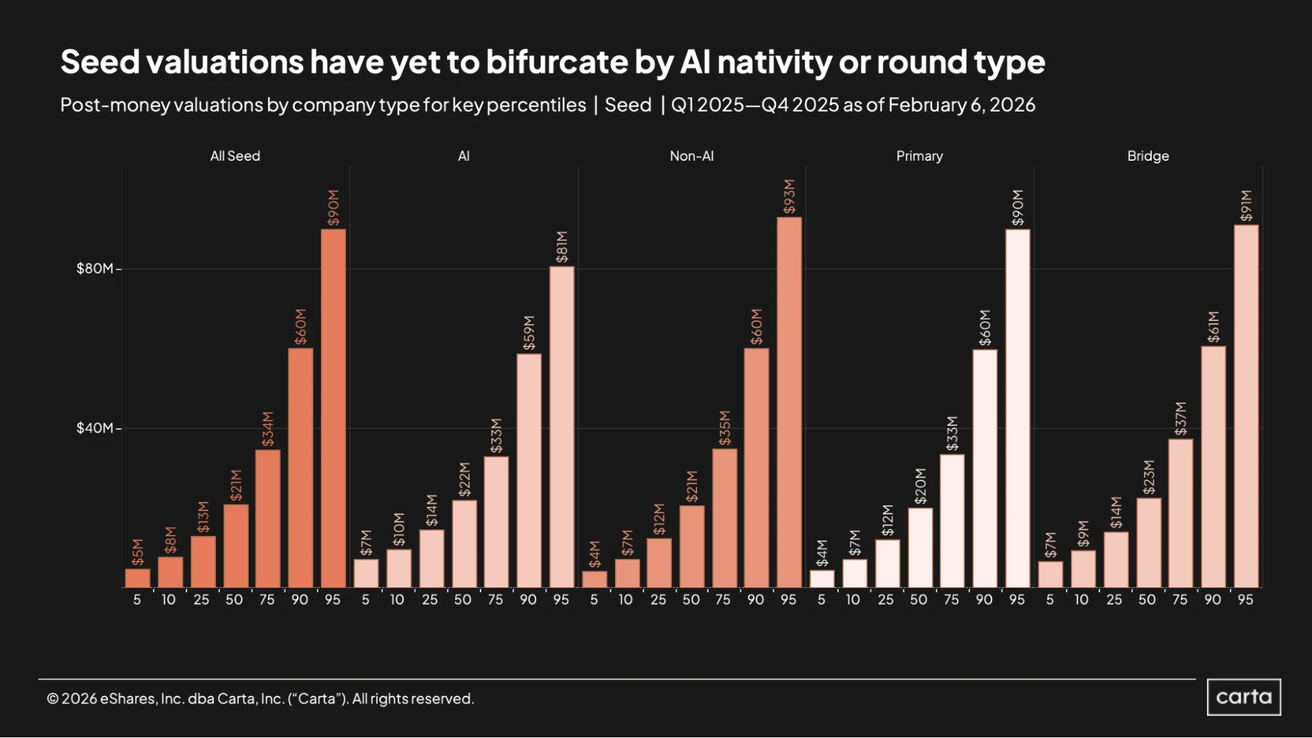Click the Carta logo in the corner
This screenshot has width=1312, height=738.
[x=1244, y=697]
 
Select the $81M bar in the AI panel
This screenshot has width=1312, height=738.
[x=562, y=427]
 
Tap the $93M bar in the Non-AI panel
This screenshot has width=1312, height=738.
[x=789, y=402]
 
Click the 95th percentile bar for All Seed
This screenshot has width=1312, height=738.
[x=333, y=408]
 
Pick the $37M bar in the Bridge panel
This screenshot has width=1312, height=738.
[x=1180, y=513]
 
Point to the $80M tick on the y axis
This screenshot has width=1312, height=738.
[x=118, y=269]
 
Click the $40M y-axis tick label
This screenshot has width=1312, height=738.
[x=95, y=428]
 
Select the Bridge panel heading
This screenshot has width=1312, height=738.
[x=1148, y=156]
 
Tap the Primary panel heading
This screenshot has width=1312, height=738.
[x=920, y=156]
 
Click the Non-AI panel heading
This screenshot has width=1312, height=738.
[x=692, y=156]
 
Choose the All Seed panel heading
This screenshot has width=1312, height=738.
[x=235, y=156]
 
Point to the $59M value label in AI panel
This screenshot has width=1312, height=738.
[x=529, y=333]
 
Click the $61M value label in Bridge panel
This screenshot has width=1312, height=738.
[x=1213, y=327]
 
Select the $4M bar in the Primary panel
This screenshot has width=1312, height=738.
[x=822, y=579]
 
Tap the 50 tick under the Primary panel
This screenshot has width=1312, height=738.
[x=918, y=600]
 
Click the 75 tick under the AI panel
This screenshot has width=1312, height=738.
[x=495, y=600]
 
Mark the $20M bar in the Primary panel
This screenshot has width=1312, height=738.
[x=920, y=548]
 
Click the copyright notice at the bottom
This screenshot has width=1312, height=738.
[x=260, y=699]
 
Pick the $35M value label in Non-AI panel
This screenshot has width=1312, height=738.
[x=725, y=428]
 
